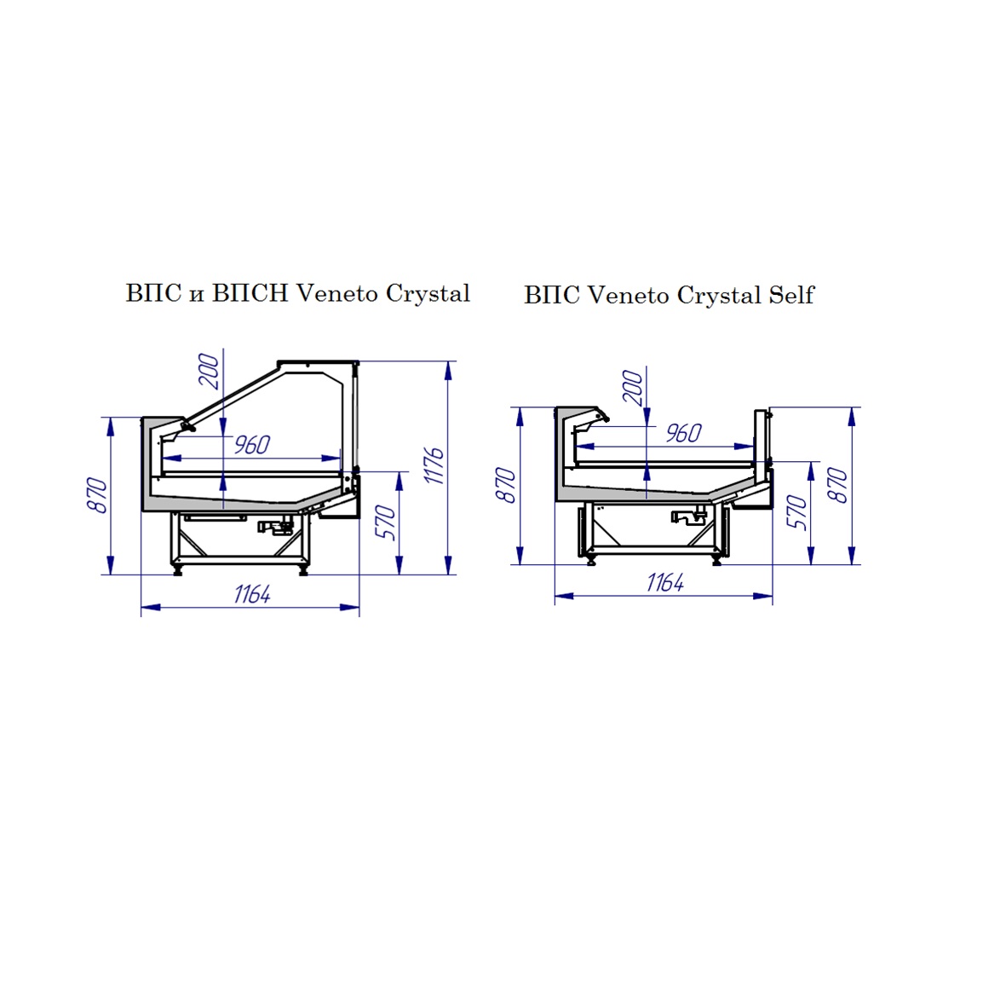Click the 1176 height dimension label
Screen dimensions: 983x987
coord(434,466)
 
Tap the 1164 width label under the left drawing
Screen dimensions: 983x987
coord(252,593)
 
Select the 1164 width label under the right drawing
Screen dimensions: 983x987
coord(665,582)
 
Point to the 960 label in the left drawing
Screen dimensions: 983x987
coord(252,444)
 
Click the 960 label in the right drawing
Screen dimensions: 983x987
coord(684,433)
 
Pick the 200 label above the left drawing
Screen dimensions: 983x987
coord(209,372)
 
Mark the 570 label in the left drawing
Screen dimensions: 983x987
coord(385,522)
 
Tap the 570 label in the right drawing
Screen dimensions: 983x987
coord(796,512)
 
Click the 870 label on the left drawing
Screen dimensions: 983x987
coord(97,495)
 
